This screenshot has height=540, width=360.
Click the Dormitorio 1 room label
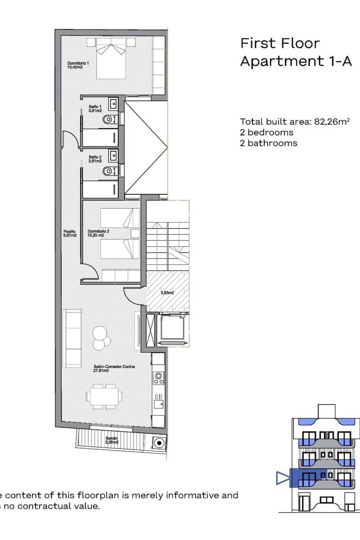(x=78, y=65)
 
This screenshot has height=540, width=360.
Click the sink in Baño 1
(x=113, y=104)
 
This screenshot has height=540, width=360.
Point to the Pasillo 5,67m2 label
(x=70, y=234)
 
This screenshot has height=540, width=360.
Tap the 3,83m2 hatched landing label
(x=167, y=293)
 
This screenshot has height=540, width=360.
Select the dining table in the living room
(x=104, y=396)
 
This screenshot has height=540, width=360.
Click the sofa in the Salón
(x=72, y=337)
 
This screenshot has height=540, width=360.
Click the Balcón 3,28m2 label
(x=112, y=440)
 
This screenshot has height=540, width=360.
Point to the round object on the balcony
(x=158, y=444)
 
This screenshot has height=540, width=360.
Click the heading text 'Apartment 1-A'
(x=296, y=61)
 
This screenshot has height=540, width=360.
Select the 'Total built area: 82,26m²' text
(x=295, y=121)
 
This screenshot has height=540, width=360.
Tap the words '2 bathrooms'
(x=269, y=143)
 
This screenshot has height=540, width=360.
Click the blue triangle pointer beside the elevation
(x=282, y=478)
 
